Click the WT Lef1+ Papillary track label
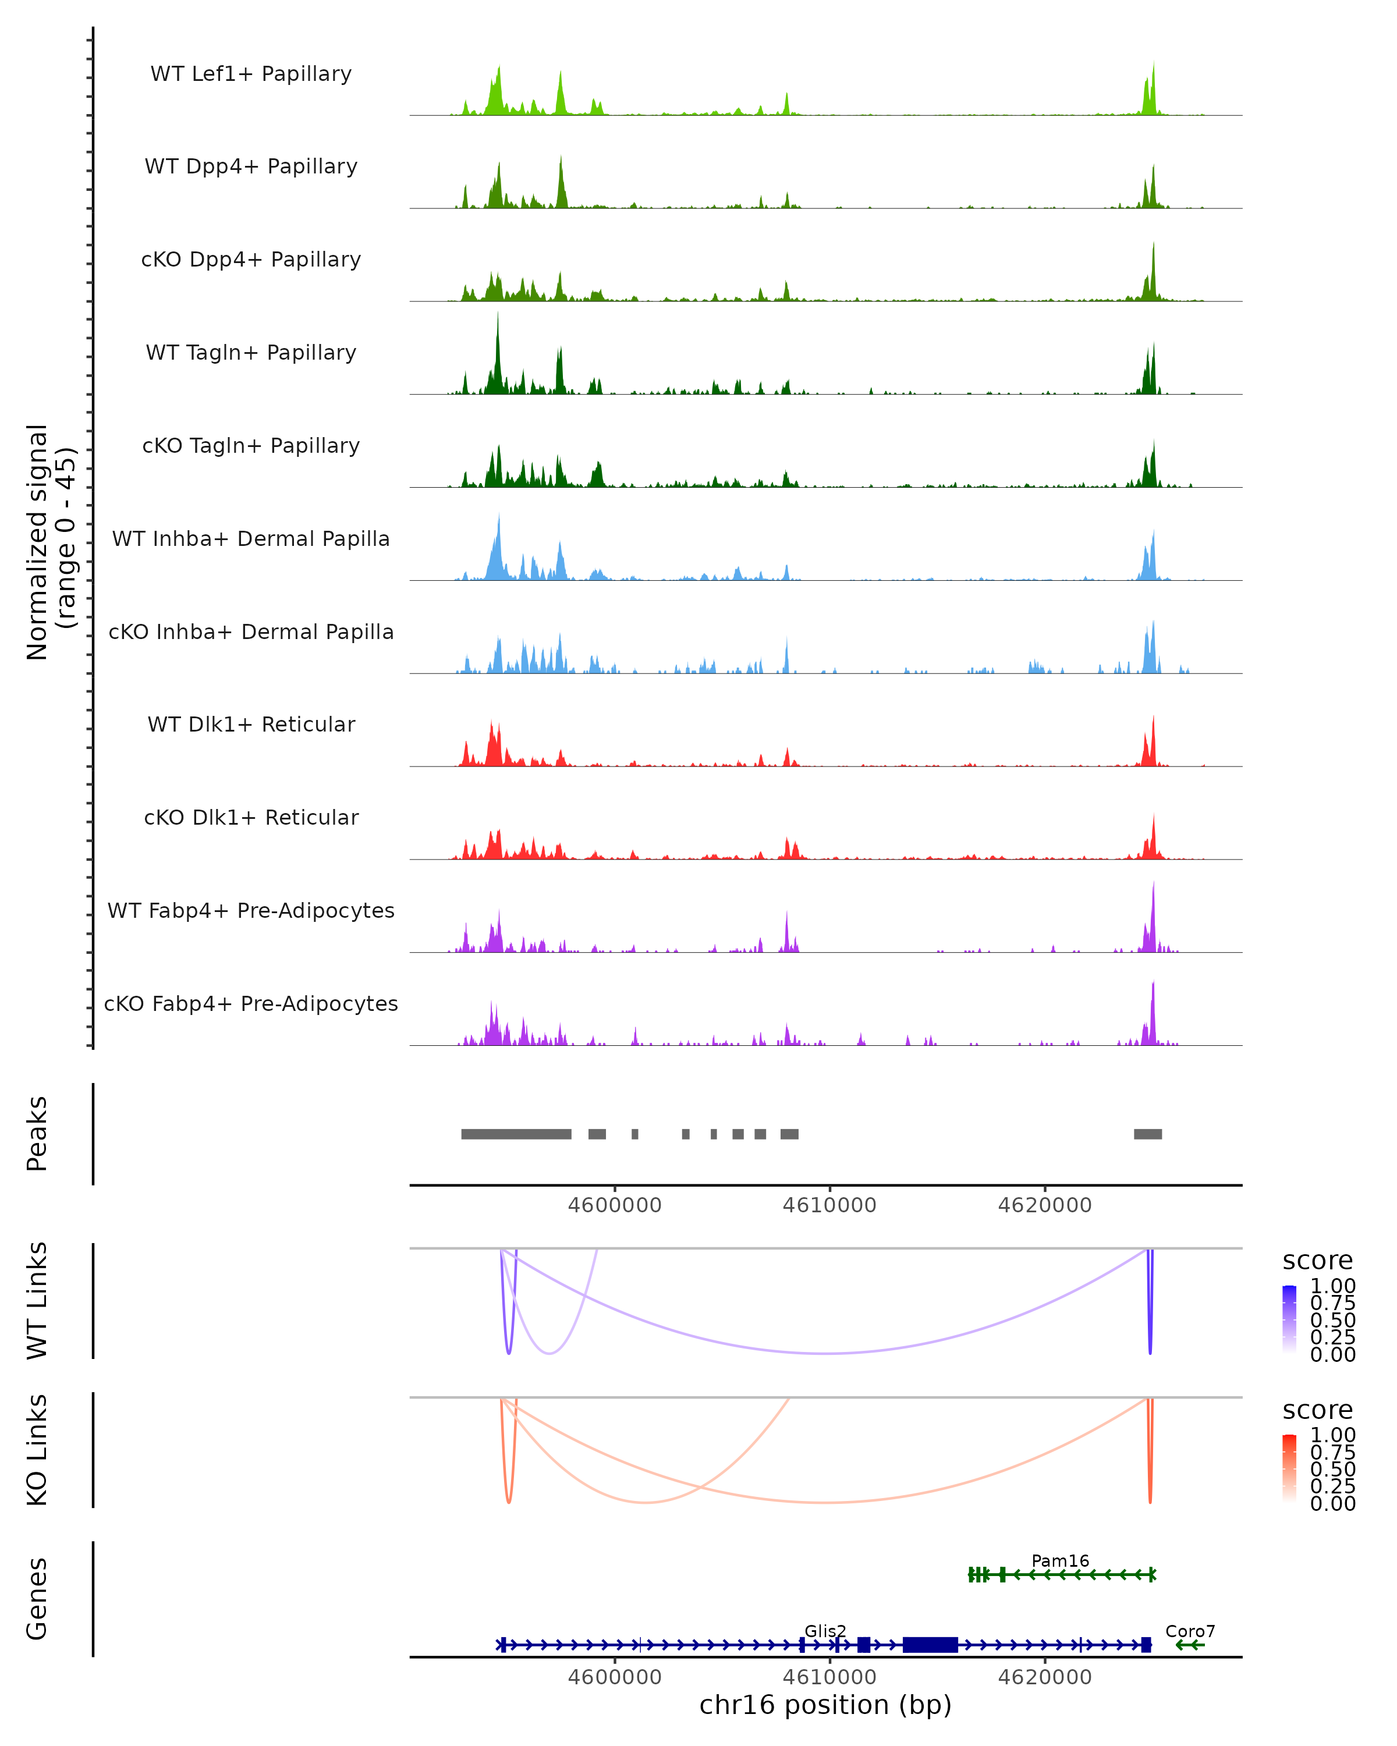[251, 74]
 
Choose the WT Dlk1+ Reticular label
[251, 724]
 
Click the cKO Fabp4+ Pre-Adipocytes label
[251, 1003]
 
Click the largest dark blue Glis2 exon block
[930, 1644]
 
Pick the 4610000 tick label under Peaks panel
[829, 1205]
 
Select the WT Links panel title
[37, 1301]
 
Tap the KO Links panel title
[37, 1450]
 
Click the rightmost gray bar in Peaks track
[1147, 1134]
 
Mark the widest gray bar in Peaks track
[516, 1134]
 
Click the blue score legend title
[1317, 1261]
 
